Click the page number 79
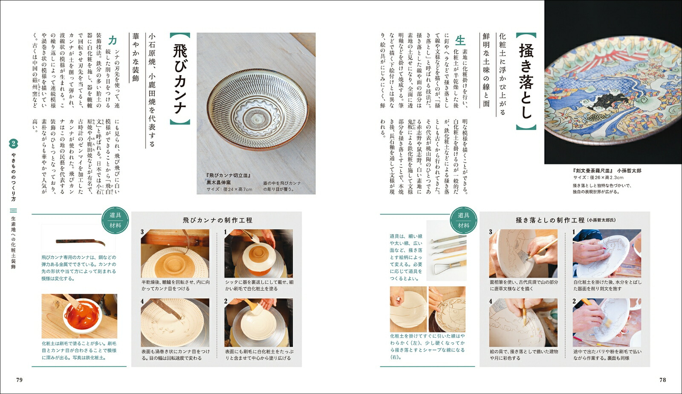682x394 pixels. [x=19, y=379]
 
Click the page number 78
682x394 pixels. [x=662, y=379]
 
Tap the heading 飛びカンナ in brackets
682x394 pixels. [x=179, y=79]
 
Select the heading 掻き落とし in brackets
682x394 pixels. [x=526, y=81]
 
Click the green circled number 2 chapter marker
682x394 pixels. [x=13, y=143]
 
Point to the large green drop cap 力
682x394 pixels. [x=113, y=40]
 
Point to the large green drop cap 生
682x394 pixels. [x=460, y=40]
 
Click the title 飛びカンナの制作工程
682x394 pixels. [x=217, y=220]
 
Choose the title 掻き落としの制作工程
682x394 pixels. [x=550, y=220]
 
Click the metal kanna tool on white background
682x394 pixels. [x=81, y=242]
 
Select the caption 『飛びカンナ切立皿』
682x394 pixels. [x=228, y=175]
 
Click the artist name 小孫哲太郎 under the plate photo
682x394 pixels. [x=629, y=171]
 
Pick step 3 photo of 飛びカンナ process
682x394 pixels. [x=175, y=254]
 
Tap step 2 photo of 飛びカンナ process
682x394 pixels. [x=258, y=323]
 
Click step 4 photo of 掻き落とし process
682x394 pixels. [x=523, y=323]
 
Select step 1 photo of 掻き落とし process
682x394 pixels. [x=607, y=254]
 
